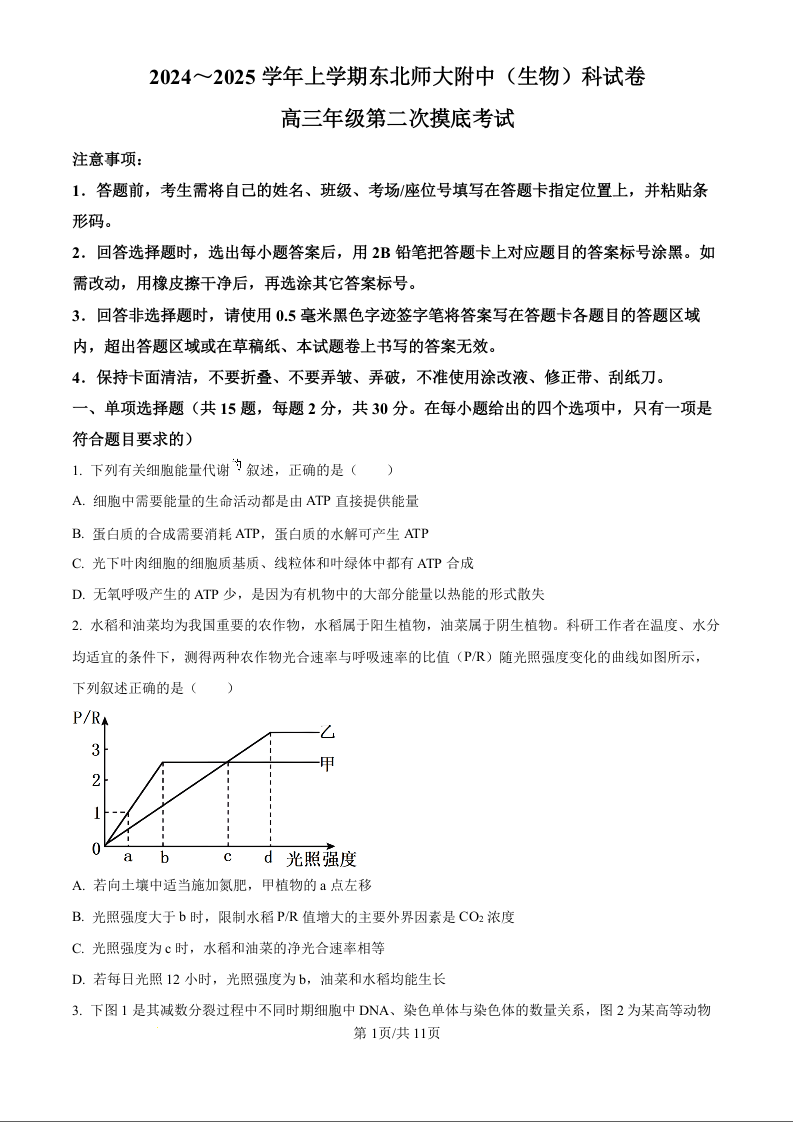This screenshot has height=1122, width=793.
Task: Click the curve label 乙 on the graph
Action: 327,732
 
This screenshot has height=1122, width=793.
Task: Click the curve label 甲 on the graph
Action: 327,763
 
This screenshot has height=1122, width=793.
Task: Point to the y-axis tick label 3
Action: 96,749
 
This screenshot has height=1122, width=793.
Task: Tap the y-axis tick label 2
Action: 96,780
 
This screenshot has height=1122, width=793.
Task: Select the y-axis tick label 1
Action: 96,813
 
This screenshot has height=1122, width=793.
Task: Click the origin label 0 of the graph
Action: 96,849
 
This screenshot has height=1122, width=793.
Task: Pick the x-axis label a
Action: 128,857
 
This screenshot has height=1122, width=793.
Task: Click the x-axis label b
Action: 164,858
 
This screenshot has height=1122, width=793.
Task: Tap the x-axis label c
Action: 227,857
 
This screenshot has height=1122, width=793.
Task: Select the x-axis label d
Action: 268,857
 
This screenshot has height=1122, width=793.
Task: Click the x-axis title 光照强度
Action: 322,858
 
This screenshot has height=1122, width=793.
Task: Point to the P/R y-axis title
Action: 87,717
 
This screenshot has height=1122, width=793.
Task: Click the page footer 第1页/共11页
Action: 397,1034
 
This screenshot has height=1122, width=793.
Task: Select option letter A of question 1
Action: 78,501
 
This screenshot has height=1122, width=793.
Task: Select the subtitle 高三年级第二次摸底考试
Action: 397,119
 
